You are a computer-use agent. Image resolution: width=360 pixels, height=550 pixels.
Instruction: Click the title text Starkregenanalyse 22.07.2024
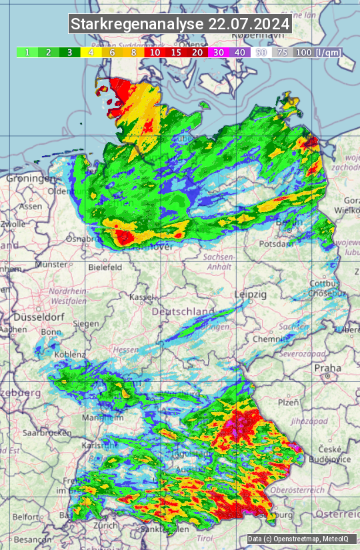coord(180,24)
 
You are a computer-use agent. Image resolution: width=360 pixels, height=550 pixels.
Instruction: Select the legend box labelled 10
coord(155,52)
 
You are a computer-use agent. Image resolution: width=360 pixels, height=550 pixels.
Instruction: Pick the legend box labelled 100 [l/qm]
coord(317,52)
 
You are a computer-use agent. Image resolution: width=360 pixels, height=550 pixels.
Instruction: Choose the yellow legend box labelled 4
coord(91,52)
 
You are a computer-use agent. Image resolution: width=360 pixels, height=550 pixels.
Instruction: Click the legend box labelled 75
coord(282,52)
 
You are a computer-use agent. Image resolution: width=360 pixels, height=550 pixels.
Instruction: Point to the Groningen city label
coord(31,179)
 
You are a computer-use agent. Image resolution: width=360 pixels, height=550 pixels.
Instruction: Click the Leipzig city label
coord(251,294)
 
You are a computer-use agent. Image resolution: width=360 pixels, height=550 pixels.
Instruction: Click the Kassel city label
coord(141,296)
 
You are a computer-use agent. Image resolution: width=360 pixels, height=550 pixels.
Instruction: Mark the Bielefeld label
coord(105,267)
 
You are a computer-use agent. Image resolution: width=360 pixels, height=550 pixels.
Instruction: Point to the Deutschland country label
coord(183,311)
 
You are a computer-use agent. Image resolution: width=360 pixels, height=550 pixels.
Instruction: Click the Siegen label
coord(86,323)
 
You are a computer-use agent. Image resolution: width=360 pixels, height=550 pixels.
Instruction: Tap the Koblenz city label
coord(69,355)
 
